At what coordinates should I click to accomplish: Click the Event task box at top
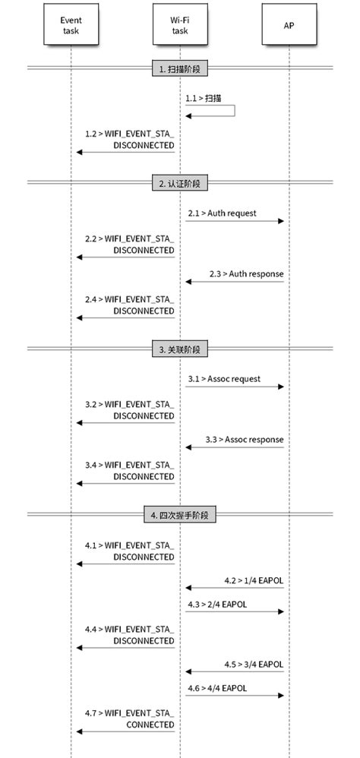[71, 27]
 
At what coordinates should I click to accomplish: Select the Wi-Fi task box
[180, 27]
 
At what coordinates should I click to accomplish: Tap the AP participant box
[289, 27]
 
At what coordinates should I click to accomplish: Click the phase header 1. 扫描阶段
[180, 69]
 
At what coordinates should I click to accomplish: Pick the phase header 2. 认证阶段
[180, 184]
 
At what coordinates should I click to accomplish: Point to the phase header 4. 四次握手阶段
[180, 514]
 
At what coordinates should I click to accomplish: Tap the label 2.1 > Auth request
[222, 213]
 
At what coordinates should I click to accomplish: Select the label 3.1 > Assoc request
[224, 378]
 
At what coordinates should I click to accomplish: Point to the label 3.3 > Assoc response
[244, 439]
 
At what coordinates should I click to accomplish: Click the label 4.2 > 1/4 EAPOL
[254, 580]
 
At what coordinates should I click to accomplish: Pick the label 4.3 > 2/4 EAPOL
[216, 605]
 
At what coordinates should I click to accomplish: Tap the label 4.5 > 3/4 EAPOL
[254, 664]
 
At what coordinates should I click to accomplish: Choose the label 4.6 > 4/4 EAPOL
[216, 688]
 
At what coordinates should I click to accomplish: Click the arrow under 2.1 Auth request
[234, 221]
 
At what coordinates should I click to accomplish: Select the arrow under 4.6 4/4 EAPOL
[234, 696]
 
